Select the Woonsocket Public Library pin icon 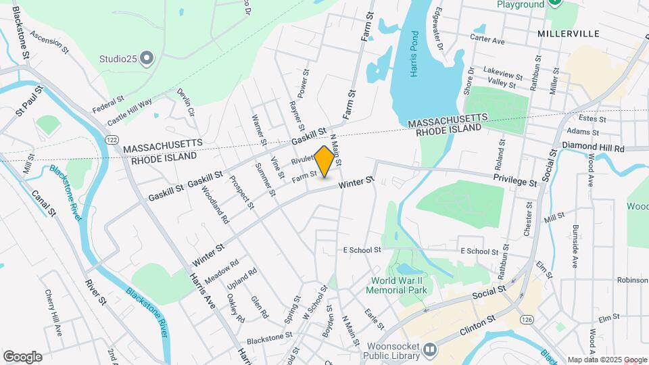pos(431,350)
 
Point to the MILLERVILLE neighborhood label pos(569,33)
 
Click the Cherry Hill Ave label pos(53,314)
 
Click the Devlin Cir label pos(187,102)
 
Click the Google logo pos(22,357)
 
